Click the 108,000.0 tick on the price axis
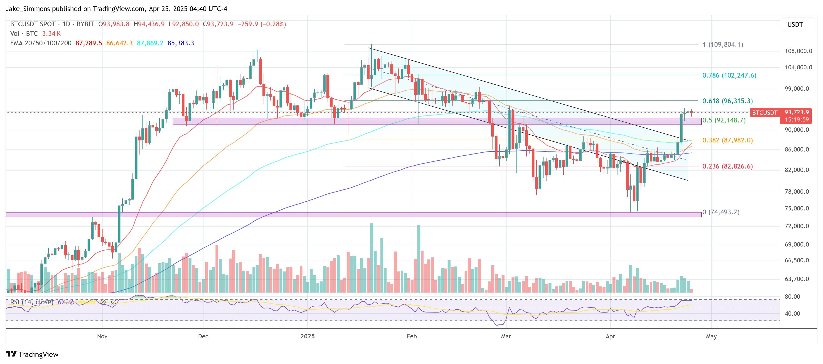coord(798,51)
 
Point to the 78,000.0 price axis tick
coord(798,192)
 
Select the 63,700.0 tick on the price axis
coord(798,279)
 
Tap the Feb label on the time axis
coord(412,336)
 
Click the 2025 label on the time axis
coord(307,336)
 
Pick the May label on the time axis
coord(711,336)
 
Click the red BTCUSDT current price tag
coord(764,113)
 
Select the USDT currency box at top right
coord(795,24)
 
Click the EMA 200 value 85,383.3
coord(181,43)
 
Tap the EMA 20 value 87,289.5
coord(88,43)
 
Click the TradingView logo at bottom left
coord(32,354)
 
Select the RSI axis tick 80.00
coord(792,297)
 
